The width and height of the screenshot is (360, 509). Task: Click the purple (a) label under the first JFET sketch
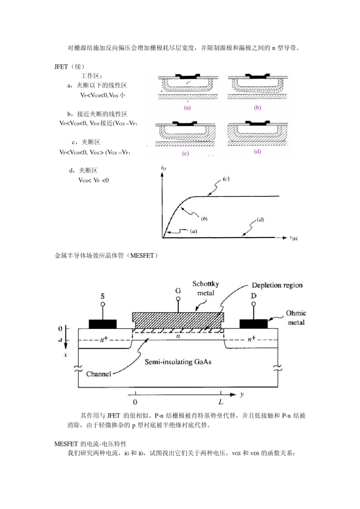pos(187,107)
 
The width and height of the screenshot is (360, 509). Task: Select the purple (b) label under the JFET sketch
pos(258,107)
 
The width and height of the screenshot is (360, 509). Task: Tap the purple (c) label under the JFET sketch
pos(185,153)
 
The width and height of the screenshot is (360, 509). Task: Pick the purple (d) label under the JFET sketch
pos(258,152)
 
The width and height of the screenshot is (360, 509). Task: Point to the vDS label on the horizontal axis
pos(293,238)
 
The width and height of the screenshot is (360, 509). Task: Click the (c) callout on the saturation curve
pos(225,179)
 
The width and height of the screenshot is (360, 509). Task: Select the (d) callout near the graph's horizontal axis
pos(260,219)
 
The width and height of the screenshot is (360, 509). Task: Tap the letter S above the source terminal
pos(102,296)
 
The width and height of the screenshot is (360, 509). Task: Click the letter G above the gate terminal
pos(178,291)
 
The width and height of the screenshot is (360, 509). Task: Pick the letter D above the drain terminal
pos(254,296)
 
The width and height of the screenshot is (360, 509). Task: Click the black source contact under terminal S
pos(103,324)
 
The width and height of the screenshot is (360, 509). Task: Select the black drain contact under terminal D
pos(254,324)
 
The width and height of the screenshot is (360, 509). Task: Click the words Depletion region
pos(277,285)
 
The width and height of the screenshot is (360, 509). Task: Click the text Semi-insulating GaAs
pos(178,362)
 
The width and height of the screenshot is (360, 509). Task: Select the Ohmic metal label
pos(296,318)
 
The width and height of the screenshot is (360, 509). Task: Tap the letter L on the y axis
pos(221,402)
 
